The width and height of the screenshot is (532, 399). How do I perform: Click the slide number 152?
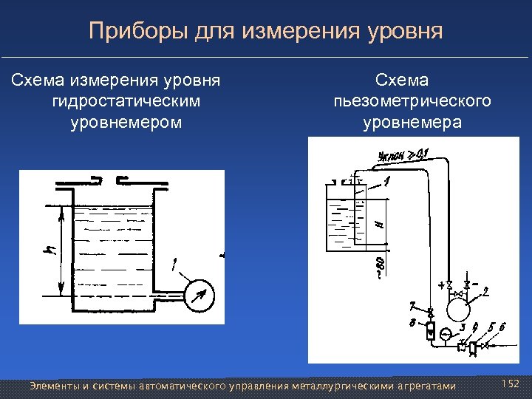(511, 383)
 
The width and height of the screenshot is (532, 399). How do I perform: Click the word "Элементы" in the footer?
(52, 386)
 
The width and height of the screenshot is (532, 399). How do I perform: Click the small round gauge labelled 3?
(446, 334)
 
